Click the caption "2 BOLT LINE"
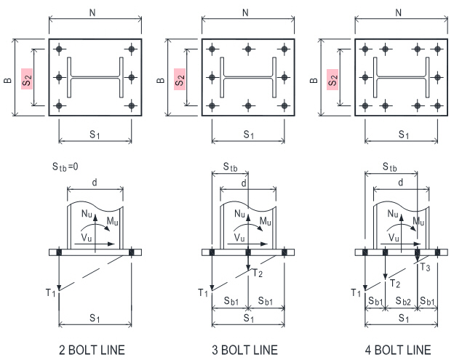pos(92,350)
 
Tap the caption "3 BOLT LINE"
pos(244,350)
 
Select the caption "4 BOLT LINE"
pos(398,350)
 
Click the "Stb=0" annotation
pos(65,167)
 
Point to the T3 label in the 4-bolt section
pos(425,268)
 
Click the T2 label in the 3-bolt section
pos(258,273)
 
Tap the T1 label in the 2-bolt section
pos(50,292)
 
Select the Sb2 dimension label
pos(403,301)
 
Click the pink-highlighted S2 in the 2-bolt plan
pos(27,79)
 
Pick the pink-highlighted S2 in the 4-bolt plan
pos(332,79)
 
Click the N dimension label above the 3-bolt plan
pos(245,13)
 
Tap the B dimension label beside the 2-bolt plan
pos(8,80)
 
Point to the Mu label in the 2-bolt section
pos(112,221)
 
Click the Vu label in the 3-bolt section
pos(239,238)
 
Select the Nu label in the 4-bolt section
pos(393,214)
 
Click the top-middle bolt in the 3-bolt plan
pos(248,49)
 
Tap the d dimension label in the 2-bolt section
pos(95,183)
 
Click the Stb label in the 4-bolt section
pos(390,167)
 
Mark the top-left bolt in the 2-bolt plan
pos(59,49)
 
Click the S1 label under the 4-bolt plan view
pos(404,135)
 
